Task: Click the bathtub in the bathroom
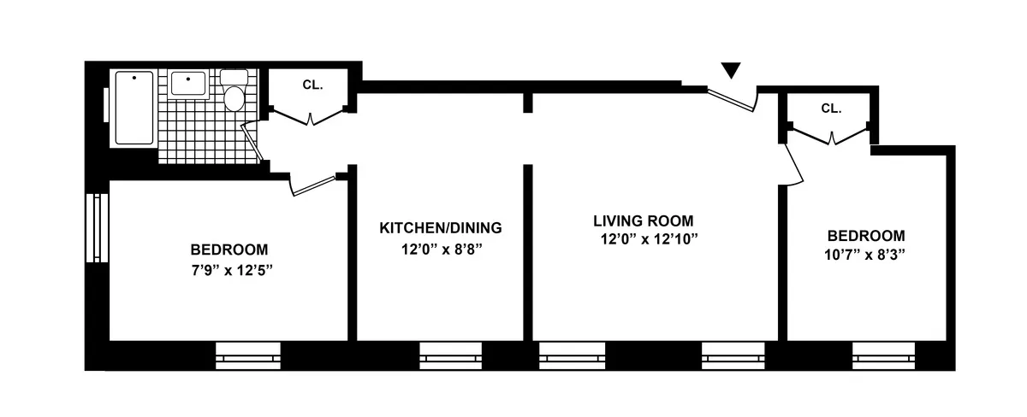coord(134,108)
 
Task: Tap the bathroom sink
coord(187,84)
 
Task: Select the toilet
coord(233,91)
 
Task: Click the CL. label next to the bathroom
coord(312,85)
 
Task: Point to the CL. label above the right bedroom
coord(831,109)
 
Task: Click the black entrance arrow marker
coord(730,71)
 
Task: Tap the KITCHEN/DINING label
coord(440,228)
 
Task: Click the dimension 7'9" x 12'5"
coord(229,270)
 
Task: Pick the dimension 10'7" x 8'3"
coord(865,255)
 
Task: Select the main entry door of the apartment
coord(733,98)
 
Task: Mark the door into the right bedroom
coord(794,162)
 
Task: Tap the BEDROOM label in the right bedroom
coord(865,236)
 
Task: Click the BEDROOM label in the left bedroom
coord(229,250)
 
